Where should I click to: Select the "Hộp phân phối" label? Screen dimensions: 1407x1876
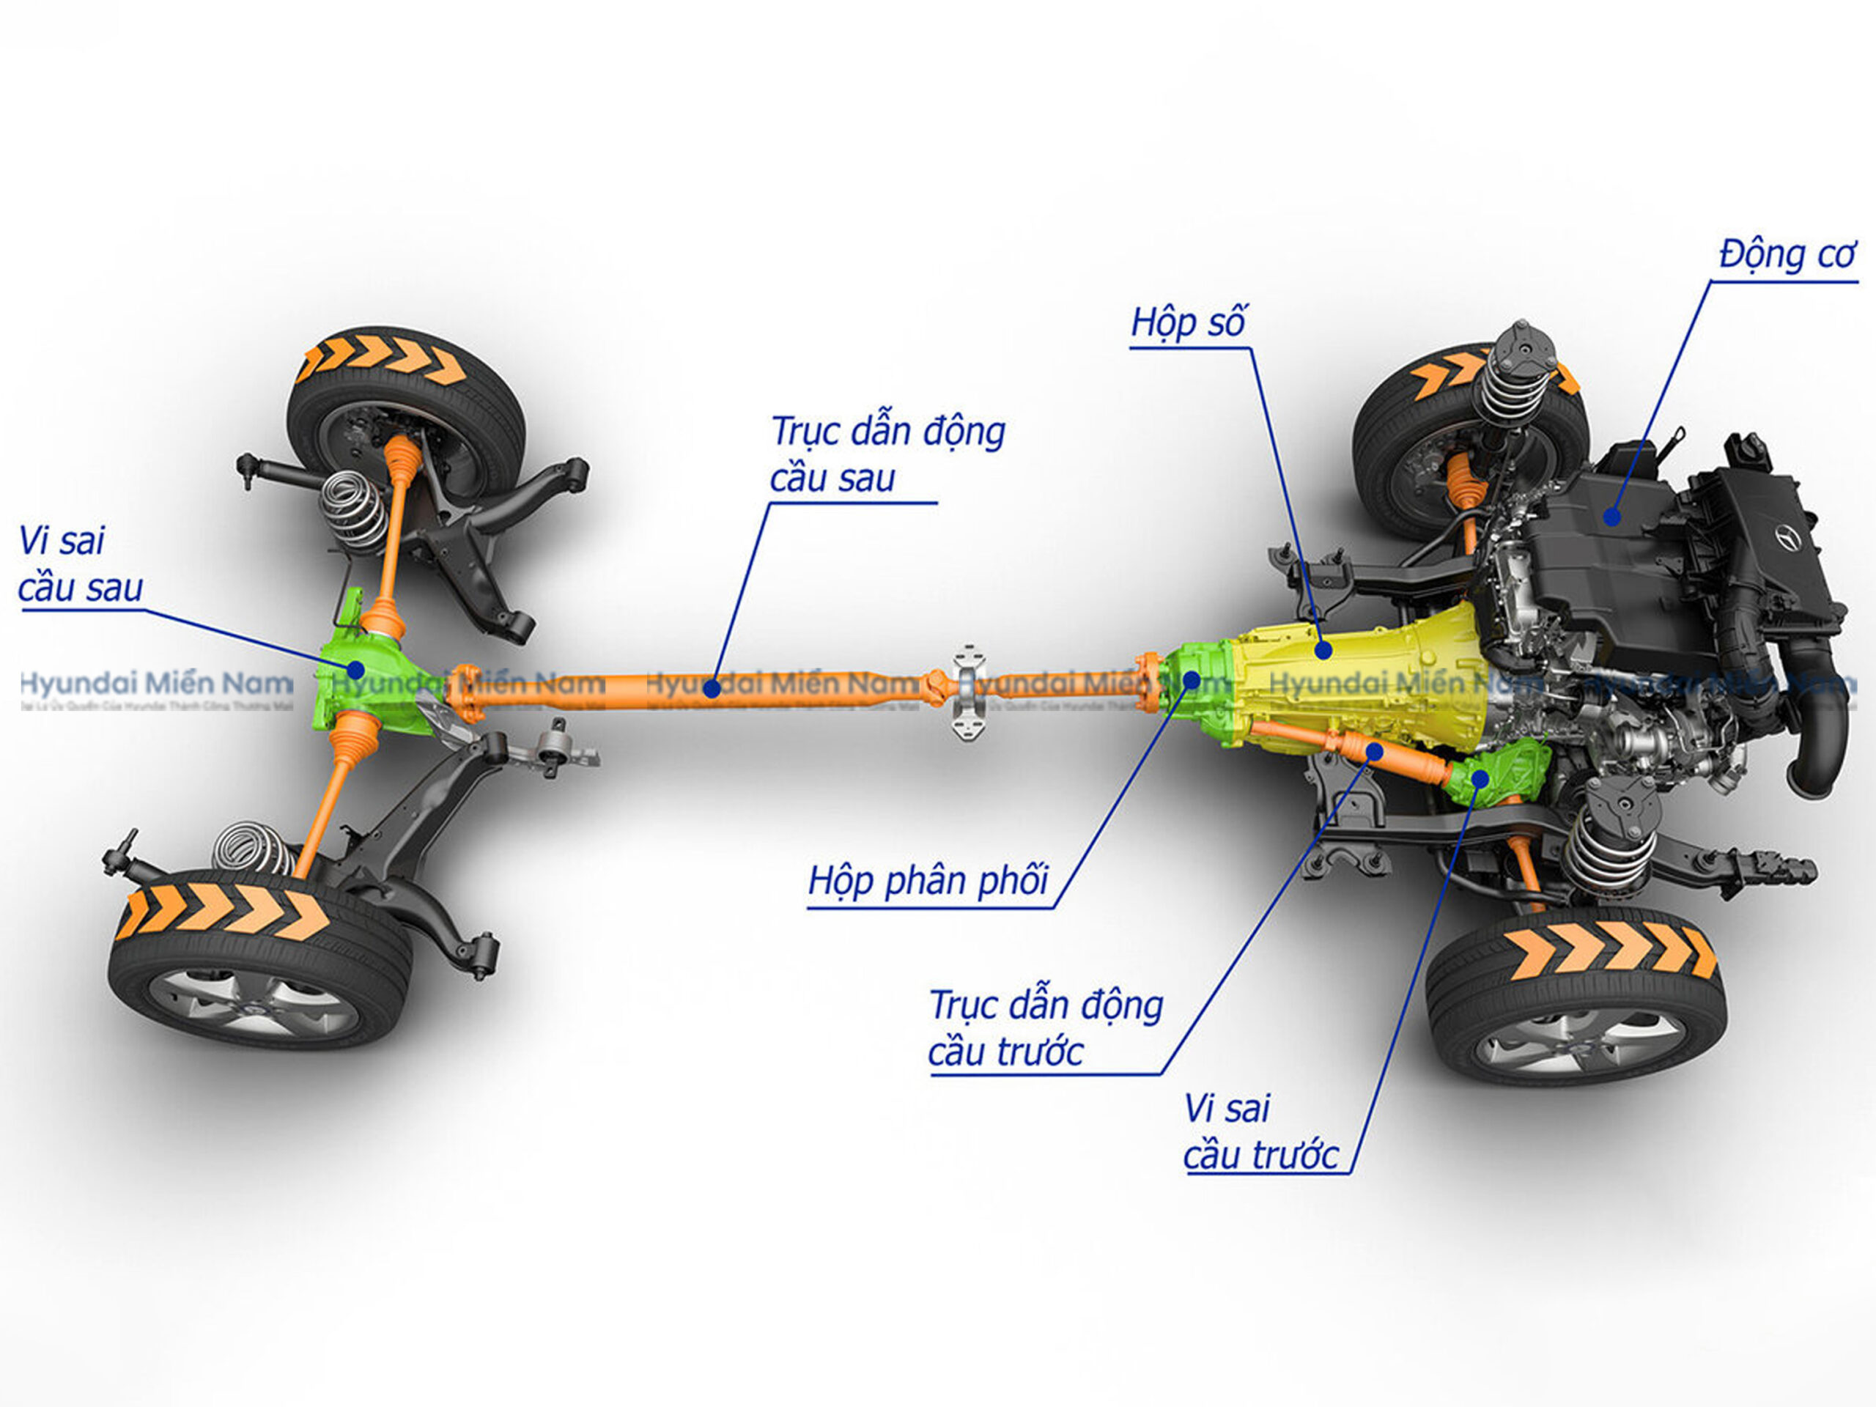928,881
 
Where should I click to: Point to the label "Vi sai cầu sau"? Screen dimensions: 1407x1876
80,565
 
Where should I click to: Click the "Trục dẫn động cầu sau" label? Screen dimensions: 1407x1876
886,454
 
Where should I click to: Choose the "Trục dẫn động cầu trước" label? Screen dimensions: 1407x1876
1045,1029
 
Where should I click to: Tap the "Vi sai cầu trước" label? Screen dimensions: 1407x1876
1260,1132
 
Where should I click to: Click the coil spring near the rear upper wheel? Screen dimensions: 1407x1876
352,509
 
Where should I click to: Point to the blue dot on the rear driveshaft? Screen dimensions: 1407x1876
713,689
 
